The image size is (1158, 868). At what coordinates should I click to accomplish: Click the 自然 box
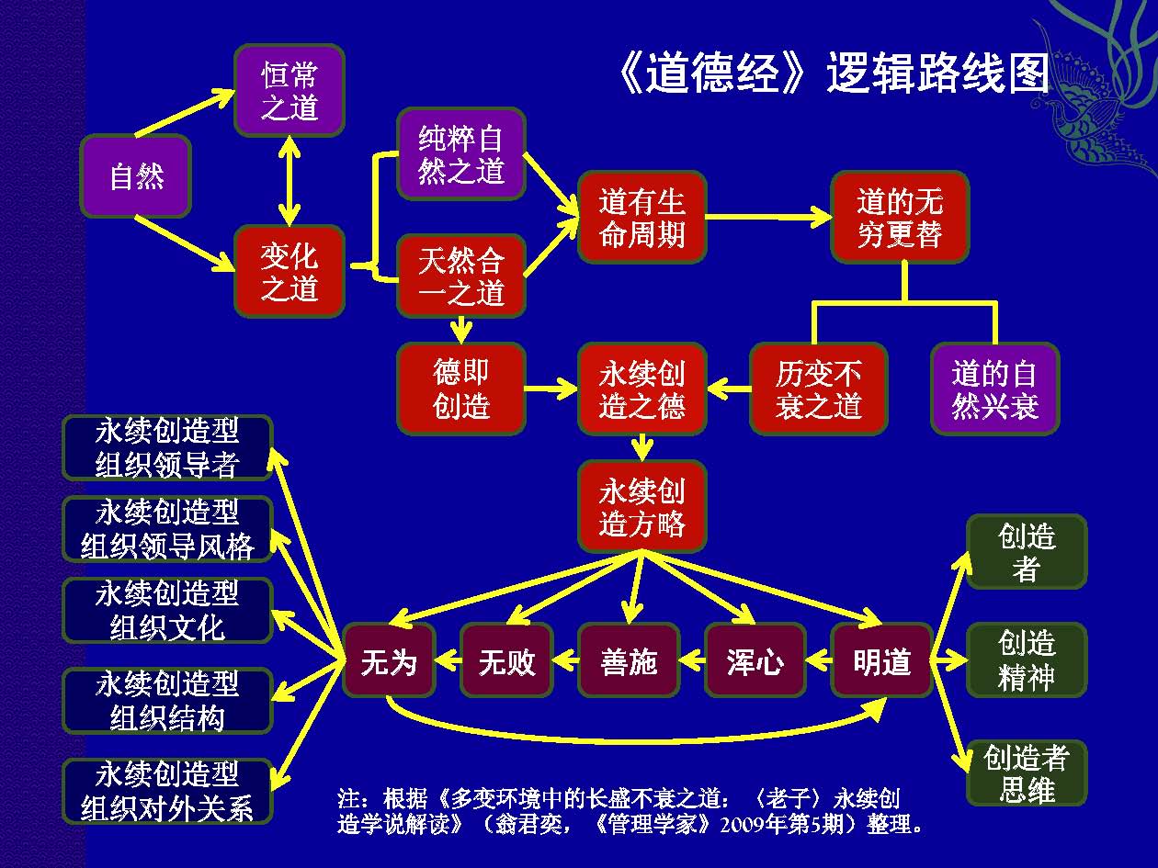coord(136,175)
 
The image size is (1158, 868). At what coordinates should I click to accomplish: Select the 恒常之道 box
coord(289,90)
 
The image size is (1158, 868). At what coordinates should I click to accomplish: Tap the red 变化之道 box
coord(289,272)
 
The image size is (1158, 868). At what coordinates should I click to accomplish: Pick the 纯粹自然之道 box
coord(461,153)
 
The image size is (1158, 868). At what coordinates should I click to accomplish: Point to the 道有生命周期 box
coord(642,217)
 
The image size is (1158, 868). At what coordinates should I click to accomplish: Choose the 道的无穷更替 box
coord(900,217)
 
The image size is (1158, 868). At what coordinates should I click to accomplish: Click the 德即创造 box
coord(461,389)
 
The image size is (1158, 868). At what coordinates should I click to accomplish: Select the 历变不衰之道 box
coord(819,389)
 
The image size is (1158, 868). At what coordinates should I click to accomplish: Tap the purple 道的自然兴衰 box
coord(994,389)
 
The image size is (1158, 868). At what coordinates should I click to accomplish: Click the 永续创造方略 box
coord(642,506)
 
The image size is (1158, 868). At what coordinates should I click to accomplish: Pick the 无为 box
coord(389,660)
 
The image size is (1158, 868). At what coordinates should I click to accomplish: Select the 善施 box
coord(629,660)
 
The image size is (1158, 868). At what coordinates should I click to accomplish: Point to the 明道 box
coord(881,660)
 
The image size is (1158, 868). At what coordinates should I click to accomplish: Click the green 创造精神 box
coord(1026,659)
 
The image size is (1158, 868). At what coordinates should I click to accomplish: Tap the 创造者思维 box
coord(1026,773)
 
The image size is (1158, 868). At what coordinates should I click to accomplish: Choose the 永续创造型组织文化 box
coord(167,610)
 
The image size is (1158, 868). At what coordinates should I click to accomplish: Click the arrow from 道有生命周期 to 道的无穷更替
coord(768,217)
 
